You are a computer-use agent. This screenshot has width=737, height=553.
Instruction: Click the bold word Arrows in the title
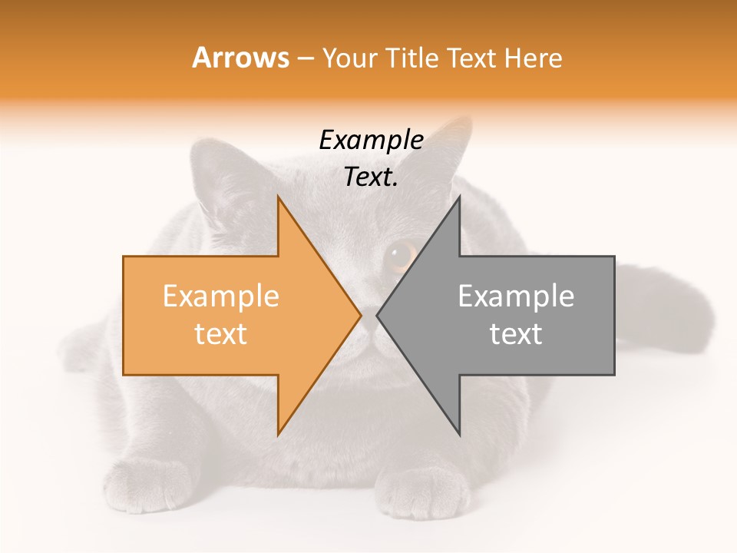pyautogui.click(x=241, y=58)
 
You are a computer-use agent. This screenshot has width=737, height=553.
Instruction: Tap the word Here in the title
pyautogui.click(x=533, y=58)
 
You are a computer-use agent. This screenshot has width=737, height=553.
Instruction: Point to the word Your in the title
pyautogui.click(x=349, y=58)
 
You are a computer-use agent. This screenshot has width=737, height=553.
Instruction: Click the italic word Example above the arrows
pyautogui.click(x=372, y=141)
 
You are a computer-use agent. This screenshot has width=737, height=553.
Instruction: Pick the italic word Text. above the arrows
pyautogui.click(x=372, y=177)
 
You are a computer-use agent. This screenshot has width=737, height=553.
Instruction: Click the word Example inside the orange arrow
pyautogui.click(x=221, y=296)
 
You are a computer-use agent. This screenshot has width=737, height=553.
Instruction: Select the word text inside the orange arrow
pyautogui.click(x=221, y=334)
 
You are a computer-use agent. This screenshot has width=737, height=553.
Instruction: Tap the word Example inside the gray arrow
pyautogui.click(x=516, y=296)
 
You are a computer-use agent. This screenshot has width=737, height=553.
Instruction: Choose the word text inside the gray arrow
pyautogui.click(x=516, y=334)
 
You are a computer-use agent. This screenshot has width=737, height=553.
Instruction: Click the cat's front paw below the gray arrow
pyautogui.click(x=426, y=492)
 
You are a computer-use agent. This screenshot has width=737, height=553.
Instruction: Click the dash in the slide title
pyautogui.click(x=305, y=58)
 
